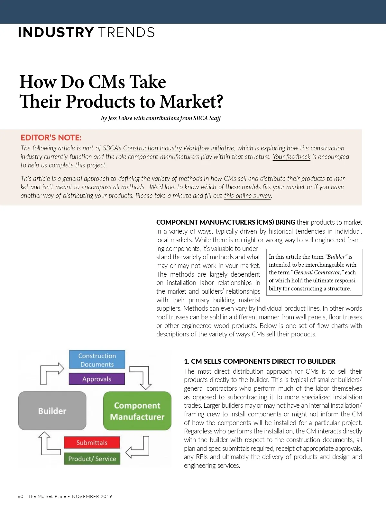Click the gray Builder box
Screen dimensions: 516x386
[x=52, y=411]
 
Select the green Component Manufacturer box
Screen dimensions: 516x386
[x=137, y=411]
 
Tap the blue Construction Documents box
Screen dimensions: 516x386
[x=97, y=360]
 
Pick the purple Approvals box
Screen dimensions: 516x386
[x=96, y=379]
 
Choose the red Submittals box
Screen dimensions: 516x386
[x=92, y=442]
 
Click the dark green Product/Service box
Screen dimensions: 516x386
[x=92, y=459]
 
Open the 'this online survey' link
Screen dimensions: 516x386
[x=247, y=196]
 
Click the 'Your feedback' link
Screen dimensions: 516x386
[x=291, y=157]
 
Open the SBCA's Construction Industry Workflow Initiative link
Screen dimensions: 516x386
[x=168, y=148]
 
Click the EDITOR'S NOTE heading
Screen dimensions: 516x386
[x=51, y=138]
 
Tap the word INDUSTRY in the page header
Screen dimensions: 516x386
[x=56, y=32]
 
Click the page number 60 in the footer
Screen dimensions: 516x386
[x=21, y=496]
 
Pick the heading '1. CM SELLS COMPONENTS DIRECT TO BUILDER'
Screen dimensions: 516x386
[x=259, y=361]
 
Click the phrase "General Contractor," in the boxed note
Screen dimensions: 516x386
[x=317, y=272]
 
